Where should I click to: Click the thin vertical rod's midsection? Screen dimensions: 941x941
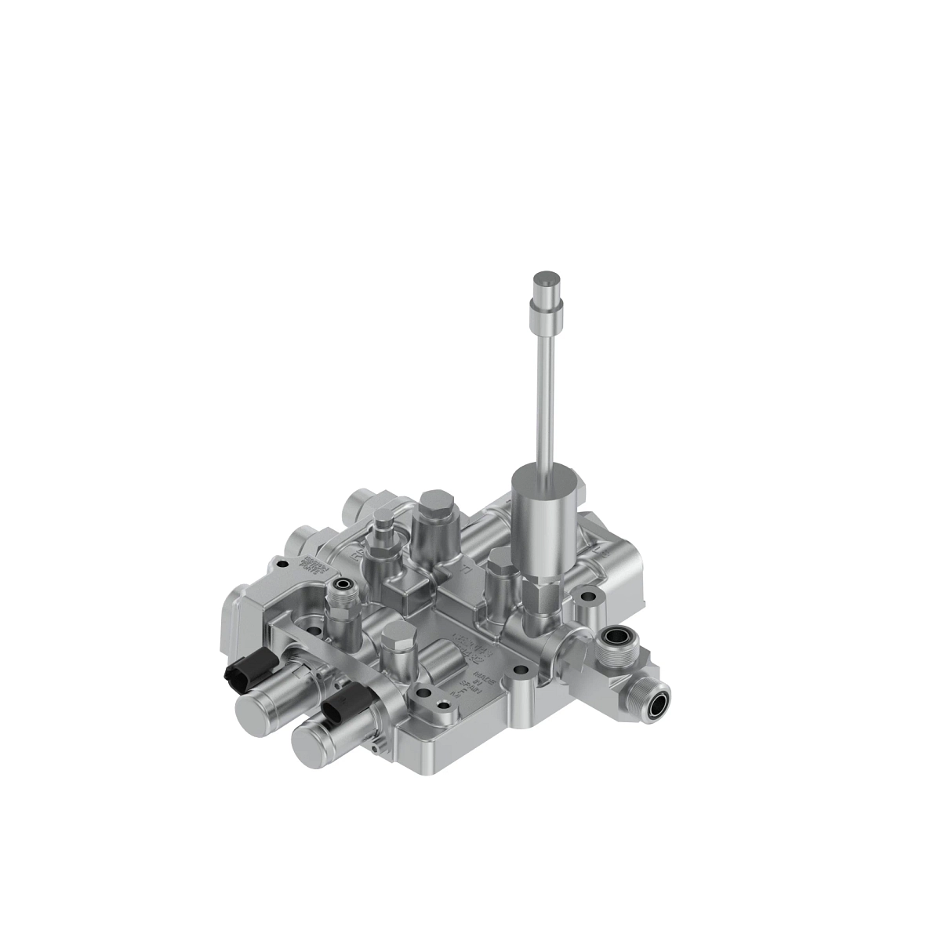pyautogui.click(x=544, y=392)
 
